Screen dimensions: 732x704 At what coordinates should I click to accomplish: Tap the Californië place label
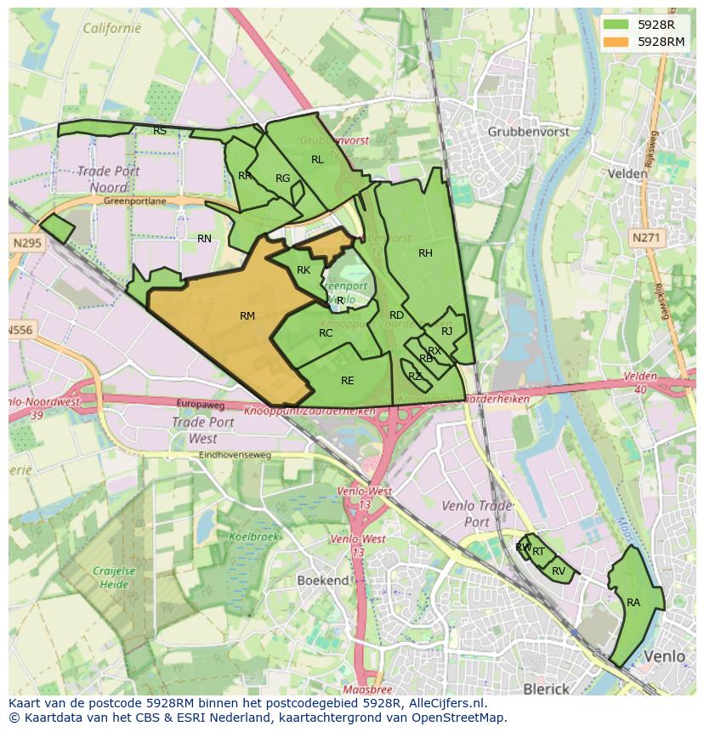[111, 28]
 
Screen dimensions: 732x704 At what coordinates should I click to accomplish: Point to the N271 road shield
[645, 239]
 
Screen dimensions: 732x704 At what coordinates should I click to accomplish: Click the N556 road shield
[22, 329]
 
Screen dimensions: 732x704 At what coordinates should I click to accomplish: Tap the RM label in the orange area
[247, 316]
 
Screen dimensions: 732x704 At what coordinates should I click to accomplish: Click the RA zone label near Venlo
[633, 603]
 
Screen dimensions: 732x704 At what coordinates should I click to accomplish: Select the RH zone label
[425, 253]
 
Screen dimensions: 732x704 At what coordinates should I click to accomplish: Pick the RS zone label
[160, 131]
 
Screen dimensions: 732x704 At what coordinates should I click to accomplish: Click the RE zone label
[347, 381]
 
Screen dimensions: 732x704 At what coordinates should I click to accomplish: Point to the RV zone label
[559, 571]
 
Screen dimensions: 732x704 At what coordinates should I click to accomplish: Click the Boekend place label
[322, 580]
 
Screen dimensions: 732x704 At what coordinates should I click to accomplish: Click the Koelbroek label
[254, 536]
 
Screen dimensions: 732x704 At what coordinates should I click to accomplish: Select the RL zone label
[317, 160]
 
